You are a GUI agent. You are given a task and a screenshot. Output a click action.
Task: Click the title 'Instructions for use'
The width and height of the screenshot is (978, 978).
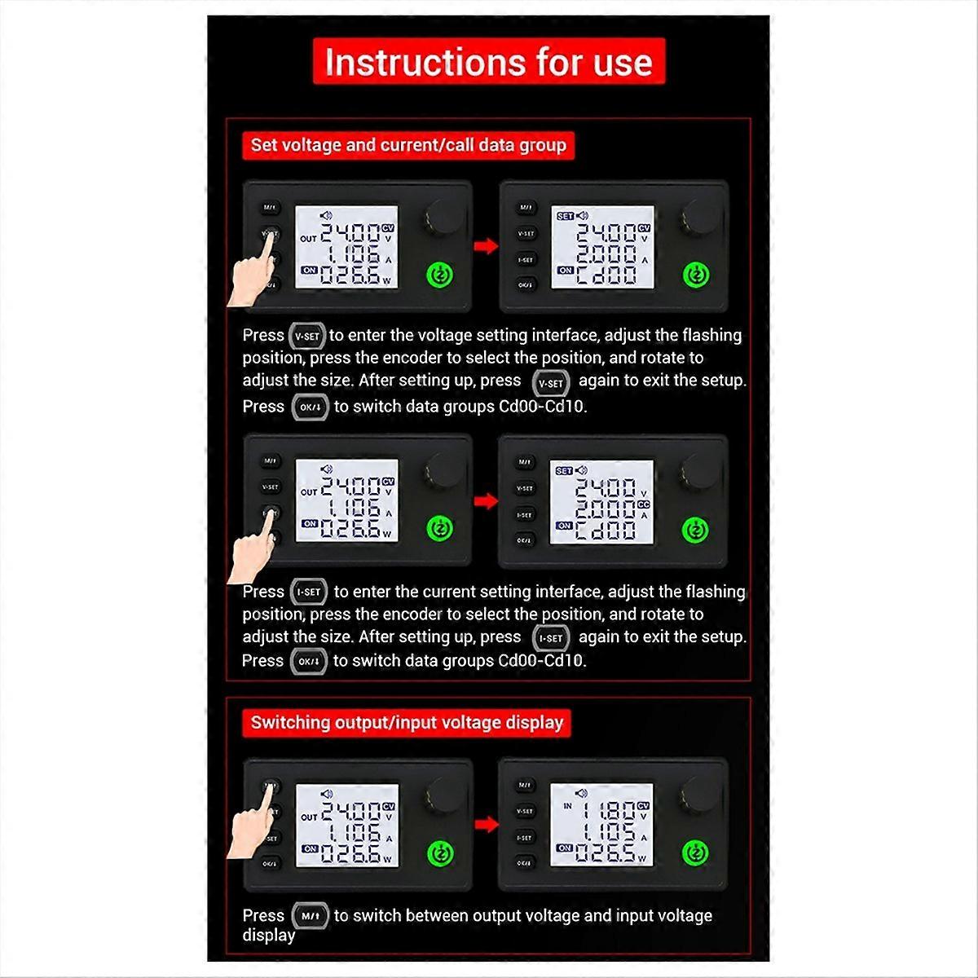(489, 62)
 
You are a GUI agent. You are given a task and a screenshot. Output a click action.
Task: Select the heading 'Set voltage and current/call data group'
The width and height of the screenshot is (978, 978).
(408, 145)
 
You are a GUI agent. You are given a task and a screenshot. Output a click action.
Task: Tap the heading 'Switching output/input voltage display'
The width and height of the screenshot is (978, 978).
(407, 722)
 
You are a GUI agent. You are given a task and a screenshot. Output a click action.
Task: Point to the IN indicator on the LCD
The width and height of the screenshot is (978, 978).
(568, 806)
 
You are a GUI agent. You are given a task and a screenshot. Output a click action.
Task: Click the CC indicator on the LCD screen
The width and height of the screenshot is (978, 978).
(643, 504)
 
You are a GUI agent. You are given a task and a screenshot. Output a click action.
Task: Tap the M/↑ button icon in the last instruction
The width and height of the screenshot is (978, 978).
(310, 916)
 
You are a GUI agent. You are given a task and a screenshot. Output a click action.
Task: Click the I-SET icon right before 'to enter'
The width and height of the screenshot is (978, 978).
(309, 592)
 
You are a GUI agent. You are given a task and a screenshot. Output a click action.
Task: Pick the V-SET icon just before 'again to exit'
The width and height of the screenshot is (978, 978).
(551, 383)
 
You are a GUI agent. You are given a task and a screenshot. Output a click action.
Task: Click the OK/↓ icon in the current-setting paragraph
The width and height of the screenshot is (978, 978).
(309, 661)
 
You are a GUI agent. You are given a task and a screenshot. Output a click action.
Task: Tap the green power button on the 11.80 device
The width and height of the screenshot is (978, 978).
(694, 853)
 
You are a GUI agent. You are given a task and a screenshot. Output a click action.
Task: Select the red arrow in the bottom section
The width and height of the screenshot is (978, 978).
(487, 825)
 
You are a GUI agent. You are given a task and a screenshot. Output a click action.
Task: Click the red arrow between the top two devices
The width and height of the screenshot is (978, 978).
(487, 245)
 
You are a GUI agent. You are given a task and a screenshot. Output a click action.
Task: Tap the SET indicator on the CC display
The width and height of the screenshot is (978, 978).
(564, 471)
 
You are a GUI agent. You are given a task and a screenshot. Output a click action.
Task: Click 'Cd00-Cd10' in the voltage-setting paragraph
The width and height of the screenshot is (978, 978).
(542, 407)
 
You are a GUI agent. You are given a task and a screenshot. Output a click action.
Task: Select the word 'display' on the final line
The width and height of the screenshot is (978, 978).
(269, 936)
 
